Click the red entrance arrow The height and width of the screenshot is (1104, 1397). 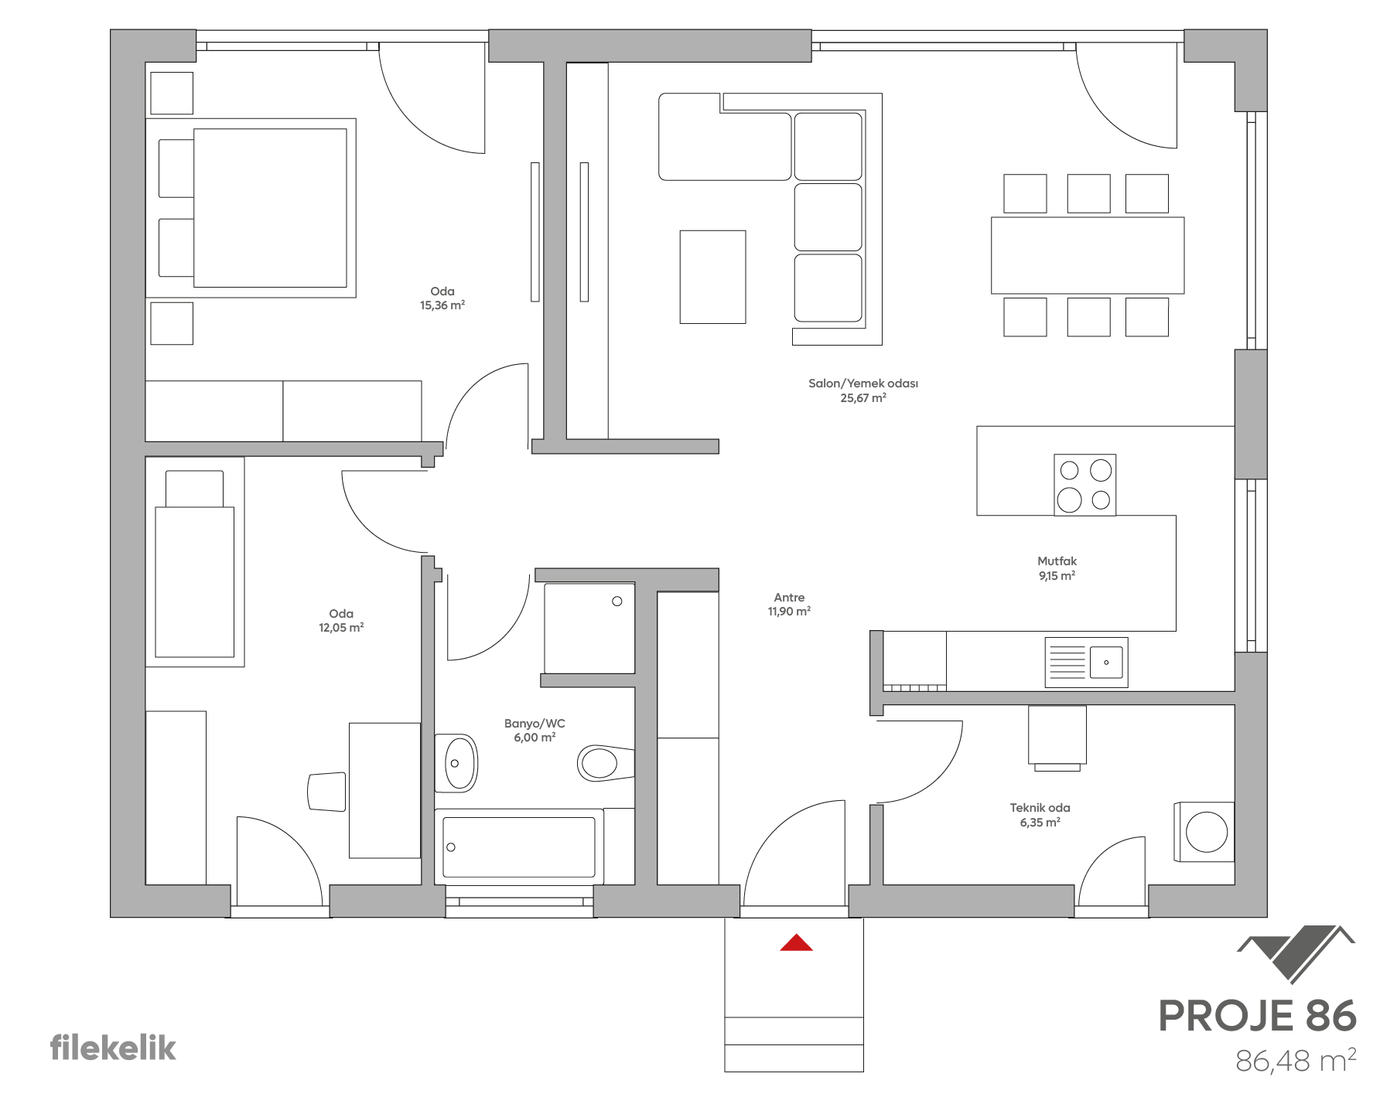tap(796, 942)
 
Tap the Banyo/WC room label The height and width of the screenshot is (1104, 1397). tap(535, 731)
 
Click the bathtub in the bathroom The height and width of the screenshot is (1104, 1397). tap(519, 846)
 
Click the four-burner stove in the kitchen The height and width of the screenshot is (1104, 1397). tap(1084, 485)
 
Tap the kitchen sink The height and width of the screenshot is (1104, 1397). tap(1086, 663)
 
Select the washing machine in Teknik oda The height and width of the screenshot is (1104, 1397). tap(1204, 831)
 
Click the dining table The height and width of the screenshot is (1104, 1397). tap(1088, 255)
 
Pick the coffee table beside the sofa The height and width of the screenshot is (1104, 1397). tap(712, 276)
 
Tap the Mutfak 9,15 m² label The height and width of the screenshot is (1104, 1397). tap(1057, 568)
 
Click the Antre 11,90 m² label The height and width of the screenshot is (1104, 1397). tap(789, 604)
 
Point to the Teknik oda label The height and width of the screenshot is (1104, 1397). tap(1040, 815)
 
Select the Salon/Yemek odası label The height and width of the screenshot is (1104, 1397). tap(863, 390)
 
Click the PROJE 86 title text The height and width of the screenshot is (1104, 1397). tap(1257, 1016)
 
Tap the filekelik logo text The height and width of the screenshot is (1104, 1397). tap(114, 1048)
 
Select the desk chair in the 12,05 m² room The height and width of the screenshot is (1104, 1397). tap(326, 791)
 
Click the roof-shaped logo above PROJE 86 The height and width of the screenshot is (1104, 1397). tap(1296, 954)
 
